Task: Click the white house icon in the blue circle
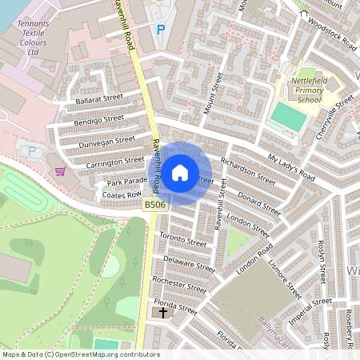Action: click(x=180, y=173)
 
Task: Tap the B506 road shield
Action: click(x=155, y=206)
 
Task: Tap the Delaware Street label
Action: click(x=189, y=263)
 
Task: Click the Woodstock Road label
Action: click(x=331, y=34)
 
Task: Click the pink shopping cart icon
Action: click(x=60, y=170)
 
